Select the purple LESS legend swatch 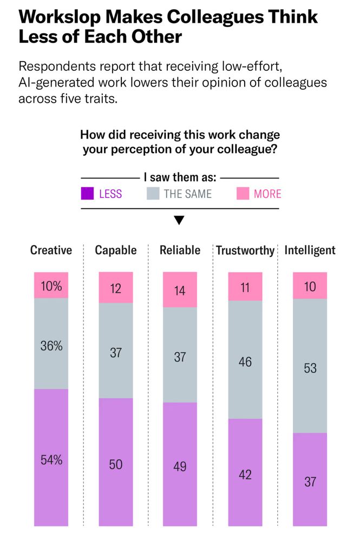[x=88, y=193]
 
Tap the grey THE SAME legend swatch [x=153, y=193]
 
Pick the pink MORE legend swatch [x=243, y=193]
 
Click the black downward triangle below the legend [x=179, y=220]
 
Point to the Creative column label [x=51, y=250]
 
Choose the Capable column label [x=116, y=250]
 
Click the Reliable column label [x=180, y=250]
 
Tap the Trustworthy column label [x=245, y=250]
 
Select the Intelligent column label [x=310, y=250]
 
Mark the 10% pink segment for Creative [x=51, y=285]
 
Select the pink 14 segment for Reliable [x=180, y=289]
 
